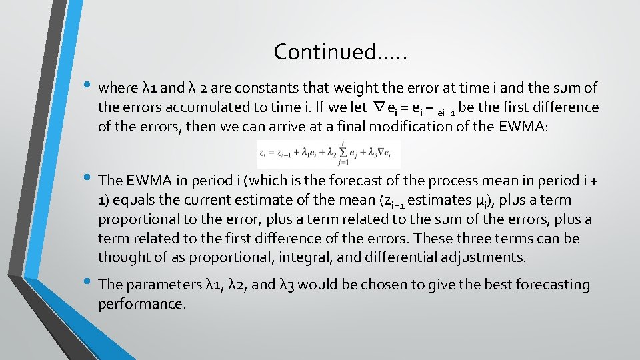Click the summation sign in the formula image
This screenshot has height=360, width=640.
(x=342, y=155)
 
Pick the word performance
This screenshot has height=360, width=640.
(x=141, y=304)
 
